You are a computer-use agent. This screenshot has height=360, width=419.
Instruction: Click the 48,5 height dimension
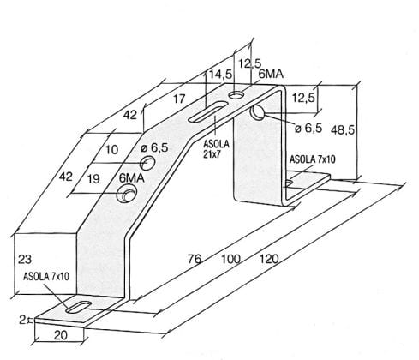[x=343, y=130]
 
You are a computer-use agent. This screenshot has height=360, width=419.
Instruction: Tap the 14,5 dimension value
[x=221, y=75]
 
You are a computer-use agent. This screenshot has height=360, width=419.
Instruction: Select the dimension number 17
[x=179, y=99]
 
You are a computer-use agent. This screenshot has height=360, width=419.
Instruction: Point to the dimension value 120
[x=269, y=259]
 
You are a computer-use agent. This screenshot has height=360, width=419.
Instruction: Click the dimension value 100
[x=230, y=259]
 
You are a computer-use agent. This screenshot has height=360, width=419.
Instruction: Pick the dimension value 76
[x=195, y=259]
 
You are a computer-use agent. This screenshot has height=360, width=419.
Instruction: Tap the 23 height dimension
[x=25, y=260]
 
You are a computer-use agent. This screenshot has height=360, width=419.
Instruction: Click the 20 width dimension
[x=61, y=335]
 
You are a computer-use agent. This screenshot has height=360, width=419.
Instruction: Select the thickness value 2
[x=22, y=320]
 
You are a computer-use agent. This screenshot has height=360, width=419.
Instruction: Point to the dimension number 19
[x=93, y=179]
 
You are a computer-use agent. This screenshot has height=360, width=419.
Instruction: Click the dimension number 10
[x=111, y=149]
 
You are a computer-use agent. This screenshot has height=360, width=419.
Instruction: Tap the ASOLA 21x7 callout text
[x=216, y=149]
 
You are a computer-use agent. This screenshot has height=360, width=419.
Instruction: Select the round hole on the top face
[x=236, y=94]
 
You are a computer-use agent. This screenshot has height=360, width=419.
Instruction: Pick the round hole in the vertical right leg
[x=257, y=112]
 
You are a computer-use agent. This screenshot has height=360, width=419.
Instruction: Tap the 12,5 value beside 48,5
[x=303, y=98]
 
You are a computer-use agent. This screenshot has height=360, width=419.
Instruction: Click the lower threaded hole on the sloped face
[x=126, y=194]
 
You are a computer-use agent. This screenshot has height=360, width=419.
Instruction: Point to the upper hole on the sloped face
[x=147, y=163]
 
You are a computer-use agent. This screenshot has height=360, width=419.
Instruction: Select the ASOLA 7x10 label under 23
[x=46, y=276]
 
